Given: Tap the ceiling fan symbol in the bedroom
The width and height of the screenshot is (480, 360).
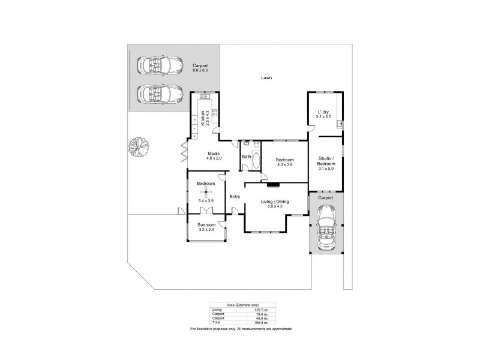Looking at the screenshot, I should pos(206,192).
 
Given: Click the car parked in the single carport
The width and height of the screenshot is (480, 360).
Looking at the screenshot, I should pos(327,227).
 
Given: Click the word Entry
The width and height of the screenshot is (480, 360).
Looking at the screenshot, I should pos(235,196).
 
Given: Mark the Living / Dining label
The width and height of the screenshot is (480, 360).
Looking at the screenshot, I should pos(274,202).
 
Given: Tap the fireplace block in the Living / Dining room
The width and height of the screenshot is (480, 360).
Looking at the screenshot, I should pos(274,185).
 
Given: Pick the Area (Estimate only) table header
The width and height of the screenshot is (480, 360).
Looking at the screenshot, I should pos(239,305).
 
